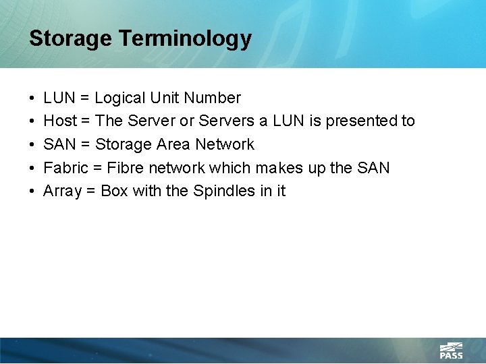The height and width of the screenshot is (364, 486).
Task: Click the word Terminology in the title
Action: (186, 38)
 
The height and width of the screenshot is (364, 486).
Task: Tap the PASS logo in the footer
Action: (451, 351)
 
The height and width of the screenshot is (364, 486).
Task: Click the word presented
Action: (362, 121)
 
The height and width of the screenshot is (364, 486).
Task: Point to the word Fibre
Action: (126, 167)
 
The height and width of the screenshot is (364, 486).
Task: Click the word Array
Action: (63, 191)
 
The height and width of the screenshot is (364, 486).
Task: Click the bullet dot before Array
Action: (33, 191)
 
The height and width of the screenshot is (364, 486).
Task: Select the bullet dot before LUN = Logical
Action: (33, 98)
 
